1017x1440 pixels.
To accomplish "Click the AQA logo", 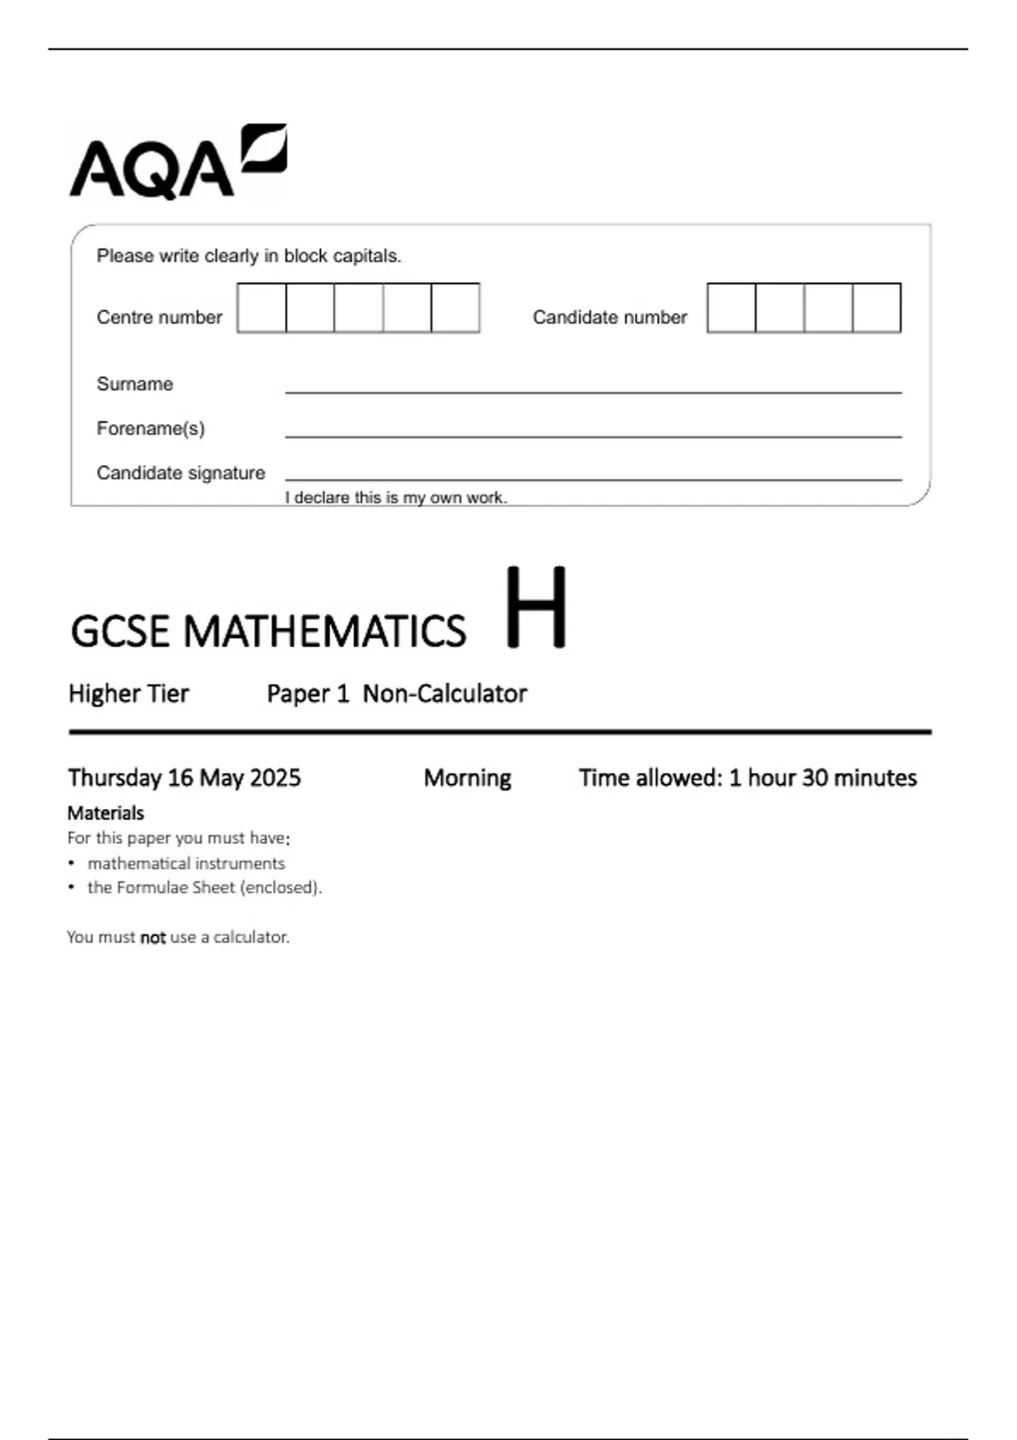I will tap(178, 163).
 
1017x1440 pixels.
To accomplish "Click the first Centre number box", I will tap(262, 307).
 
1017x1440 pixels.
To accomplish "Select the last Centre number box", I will tap(455, 307).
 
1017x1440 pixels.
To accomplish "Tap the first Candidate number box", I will tap(731, 307).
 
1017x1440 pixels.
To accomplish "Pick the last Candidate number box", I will tap(876, 307).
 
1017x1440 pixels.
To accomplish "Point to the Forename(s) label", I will tap(151, 429).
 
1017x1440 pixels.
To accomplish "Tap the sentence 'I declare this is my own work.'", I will tap(396, 498).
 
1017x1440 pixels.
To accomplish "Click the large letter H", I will tap(536, 607).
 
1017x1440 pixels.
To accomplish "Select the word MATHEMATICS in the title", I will tap(325, 632).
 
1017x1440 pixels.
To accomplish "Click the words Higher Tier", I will tap(129, 694).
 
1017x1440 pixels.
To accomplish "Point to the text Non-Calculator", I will tap(445, 694).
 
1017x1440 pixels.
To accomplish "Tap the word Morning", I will tap(467, 778).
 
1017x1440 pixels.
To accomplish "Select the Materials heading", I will tap(106, 813).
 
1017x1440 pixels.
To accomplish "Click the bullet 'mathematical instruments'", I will tap(186, 863).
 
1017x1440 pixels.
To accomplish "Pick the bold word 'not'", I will tap(153, 938).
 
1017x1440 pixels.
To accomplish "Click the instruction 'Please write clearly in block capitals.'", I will tap(248, 256).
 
